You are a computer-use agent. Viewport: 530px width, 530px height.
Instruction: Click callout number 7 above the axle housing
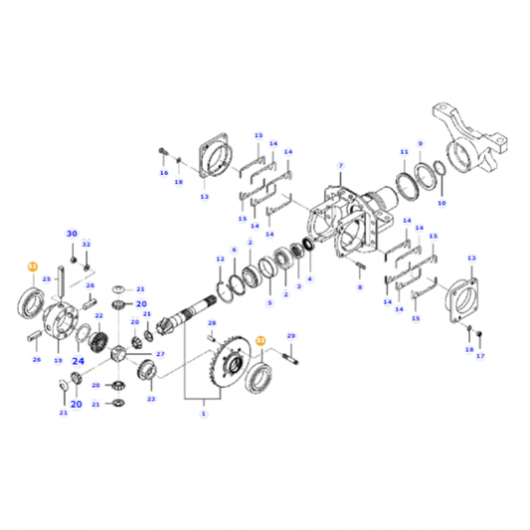coord(339,165)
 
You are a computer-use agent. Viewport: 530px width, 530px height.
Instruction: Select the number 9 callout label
coord(420,143)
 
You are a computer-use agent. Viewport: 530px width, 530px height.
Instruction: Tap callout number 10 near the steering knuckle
coord(442,203)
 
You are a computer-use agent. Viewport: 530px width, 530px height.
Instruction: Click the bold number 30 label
coord(72,233)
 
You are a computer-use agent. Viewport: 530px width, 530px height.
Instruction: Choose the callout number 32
coord(87,244)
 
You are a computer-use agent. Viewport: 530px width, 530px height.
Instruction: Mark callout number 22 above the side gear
coord(98,315)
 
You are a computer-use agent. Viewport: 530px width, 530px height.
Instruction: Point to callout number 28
coord(212,323)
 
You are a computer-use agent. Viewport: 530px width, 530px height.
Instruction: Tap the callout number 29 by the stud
coord(291,338)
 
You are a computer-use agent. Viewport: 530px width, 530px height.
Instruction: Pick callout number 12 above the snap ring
coord(221,259)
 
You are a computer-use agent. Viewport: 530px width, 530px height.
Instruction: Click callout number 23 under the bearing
coord(151,399)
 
